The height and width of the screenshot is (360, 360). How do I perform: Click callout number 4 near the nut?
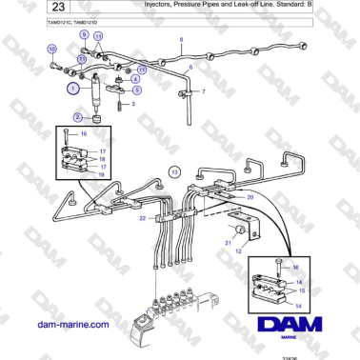coord(135,79)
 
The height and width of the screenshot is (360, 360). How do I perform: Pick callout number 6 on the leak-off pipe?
coord(190,69)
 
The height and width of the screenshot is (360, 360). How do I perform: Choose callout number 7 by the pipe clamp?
coord(203,92)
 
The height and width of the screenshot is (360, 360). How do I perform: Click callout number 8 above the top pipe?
coord(181,39)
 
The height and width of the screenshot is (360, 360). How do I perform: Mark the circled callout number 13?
coord(174,170)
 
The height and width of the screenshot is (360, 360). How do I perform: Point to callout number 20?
coord(250,197)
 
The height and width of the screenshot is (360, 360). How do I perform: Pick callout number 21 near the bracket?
coord(228,243)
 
